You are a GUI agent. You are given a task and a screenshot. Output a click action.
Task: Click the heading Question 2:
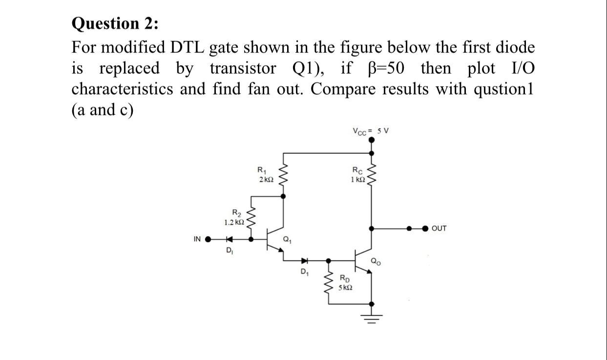pyautogui.click(x=115, y=23)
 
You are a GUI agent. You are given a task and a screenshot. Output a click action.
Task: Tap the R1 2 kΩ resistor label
pyautogui.click(x=264, y=175)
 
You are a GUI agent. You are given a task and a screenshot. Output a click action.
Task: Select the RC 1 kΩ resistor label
pyautogui.click(x=357, y=175)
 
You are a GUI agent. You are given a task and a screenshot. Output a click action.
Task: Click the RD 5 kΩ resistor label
pyautogui.click(x=346, y=284)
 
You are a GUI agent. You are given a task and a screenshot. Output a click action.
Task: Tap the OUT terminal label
pyautogui.click(x=439, y=228)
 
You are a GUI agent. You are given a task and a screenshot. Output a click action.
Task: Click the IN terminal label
pyautogui.click(x=197, y=239)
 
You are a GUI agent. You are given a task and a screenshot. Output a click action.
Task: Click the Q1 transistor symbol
pyautogui.click(x=273, y=240)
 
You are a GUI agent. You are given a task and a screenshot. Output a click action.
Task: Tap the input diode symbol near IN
pyautogui.click(x=228, y=240)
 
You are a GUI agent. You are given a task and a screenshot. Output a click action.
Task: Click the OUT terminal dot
pyautogui.click(x=425, y=228)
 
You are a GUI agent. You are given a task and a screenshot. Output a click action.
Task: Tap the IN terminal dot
pyautogui.click(x=209, y=240)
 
